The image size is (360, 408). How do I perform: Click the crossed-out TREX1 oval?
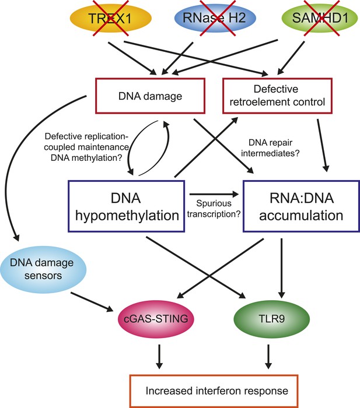tap(111, 18)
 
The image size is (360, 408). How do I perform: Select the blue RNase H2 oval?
tap(215, 18)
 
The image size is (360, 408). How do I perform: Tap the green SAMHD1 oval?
tap(320, 18)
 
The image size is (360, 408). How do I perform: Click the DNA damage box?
tap(151, 96)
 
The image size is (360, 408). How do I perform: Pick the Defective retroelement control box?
tap(277, 96)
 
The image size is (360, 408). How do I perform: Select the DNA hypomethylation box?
tap(127, 206)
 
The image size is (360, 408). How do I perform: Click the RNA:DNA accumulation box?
tap(302, 206)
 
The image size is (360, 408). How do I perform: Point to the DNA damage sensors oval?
tap(43, 269)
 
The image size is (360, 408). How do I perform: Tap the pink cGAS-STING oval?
tap(156, 319)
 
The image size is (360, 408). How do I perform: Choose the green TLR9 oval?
tap(272, 319)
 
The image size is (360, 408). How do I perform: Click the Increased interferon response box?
tap(214, 391)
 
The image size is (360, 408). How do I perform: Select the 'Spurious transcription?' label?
tap(214, 209)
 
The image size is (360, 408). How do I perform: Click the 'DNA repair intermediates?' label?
tap(270, 148)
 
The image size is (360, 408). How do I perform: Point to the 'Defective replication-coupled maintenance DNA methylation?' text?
tap(86, 147)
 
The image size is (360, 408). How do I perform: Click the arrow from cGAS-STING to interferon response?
tap(159, 357)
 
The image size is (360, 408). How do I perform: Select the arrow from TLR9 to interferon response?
tap(268, 357)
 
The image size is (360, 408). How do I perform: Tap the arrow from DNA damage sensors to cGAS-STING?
tap(92, 302)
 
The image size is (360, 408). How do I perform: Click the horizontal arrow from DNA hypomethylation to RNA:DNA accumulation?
tap(214, 194)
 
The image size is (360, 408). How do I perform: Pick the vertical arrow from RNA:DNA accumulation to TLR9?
tap(282, 268)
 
